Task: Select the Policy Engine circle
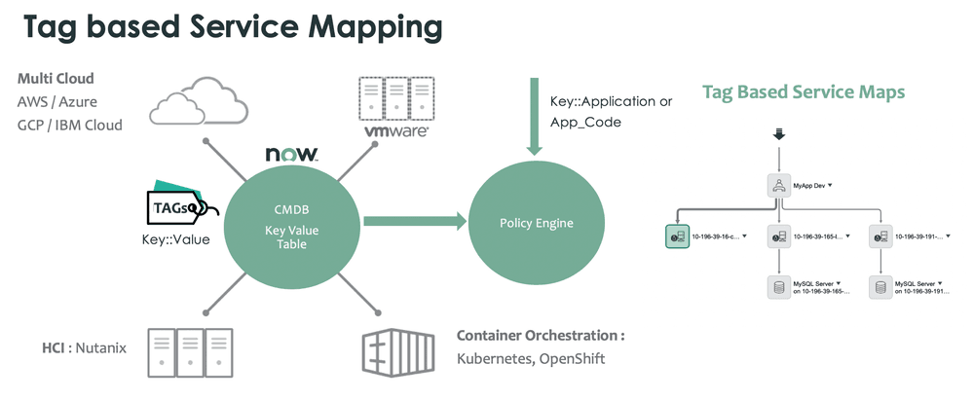tap(536, 223)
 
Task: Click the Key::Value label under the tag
tap(176, 238)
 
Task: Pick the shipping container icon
tap(401, 350)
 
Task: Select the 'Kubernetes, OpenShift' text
tap(531, 359)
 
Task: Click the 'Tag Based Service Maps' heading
tap(804, 92)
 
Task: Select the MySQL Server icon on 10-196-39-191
tap(881, 287)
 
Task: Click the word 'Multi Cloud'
tap(56, 78)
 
